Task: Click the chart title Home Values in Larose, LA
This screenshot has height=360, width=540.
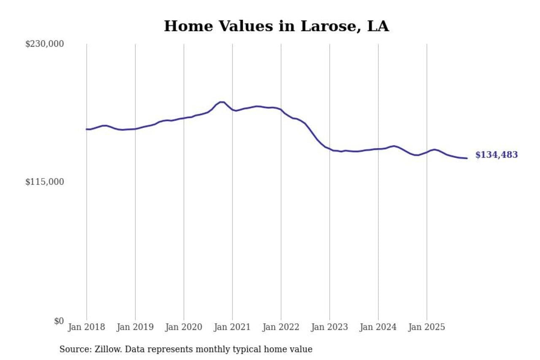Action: pyautogui.click(x=276, y=26)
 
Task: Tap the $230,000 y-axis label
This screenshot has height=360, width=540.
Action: pyautogui.click(x=45, y=44)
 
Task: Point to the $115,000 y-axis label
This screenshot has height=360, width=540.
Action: pyautogui.click(x=45, y=182)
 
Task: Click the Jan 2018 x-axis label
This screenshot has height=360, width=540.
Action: pyautogui.click(x=86, y=328)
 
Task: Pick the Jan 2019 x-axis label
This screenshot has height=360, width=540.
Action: pyautogui.click(x=135, y=328)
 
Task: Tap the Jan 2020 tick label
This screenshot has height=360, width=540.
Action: pyautogui.click(x=184, y=328)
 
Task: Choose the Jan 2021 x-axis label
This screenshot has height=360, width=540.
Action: pyautogui.click(x=232, y=328)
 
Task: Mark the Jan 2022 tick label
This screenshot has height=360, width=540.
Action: pyautogui.click(x=281, y=328)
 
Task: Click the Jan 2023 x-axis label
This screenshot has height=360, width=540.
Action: pyautogui.click(x=329, y=328)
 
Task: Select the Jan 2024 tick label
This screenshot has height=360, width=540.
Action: pyautogui.click(x=378, y=328)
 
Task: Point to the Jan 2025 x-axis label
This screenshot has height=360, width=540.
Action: pyautogui.click(x=427, y=328)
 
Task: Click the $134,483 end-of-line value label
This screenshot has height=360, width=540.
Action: pyautogui.click(x=497, y=155)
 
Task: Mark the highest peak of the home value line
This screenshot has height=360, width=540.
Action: pyautogui.click(x=221, y=102)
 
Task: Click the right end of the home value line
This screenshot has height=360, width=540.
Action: pyautogui.click(x=467, y=158)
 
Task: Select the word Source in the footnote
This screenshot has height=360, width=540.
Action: pyautogui.click(x=74, y=349)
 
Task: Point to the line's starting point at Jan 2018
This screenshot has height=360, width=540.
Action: pyautogui.click(x=86, y=129)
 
